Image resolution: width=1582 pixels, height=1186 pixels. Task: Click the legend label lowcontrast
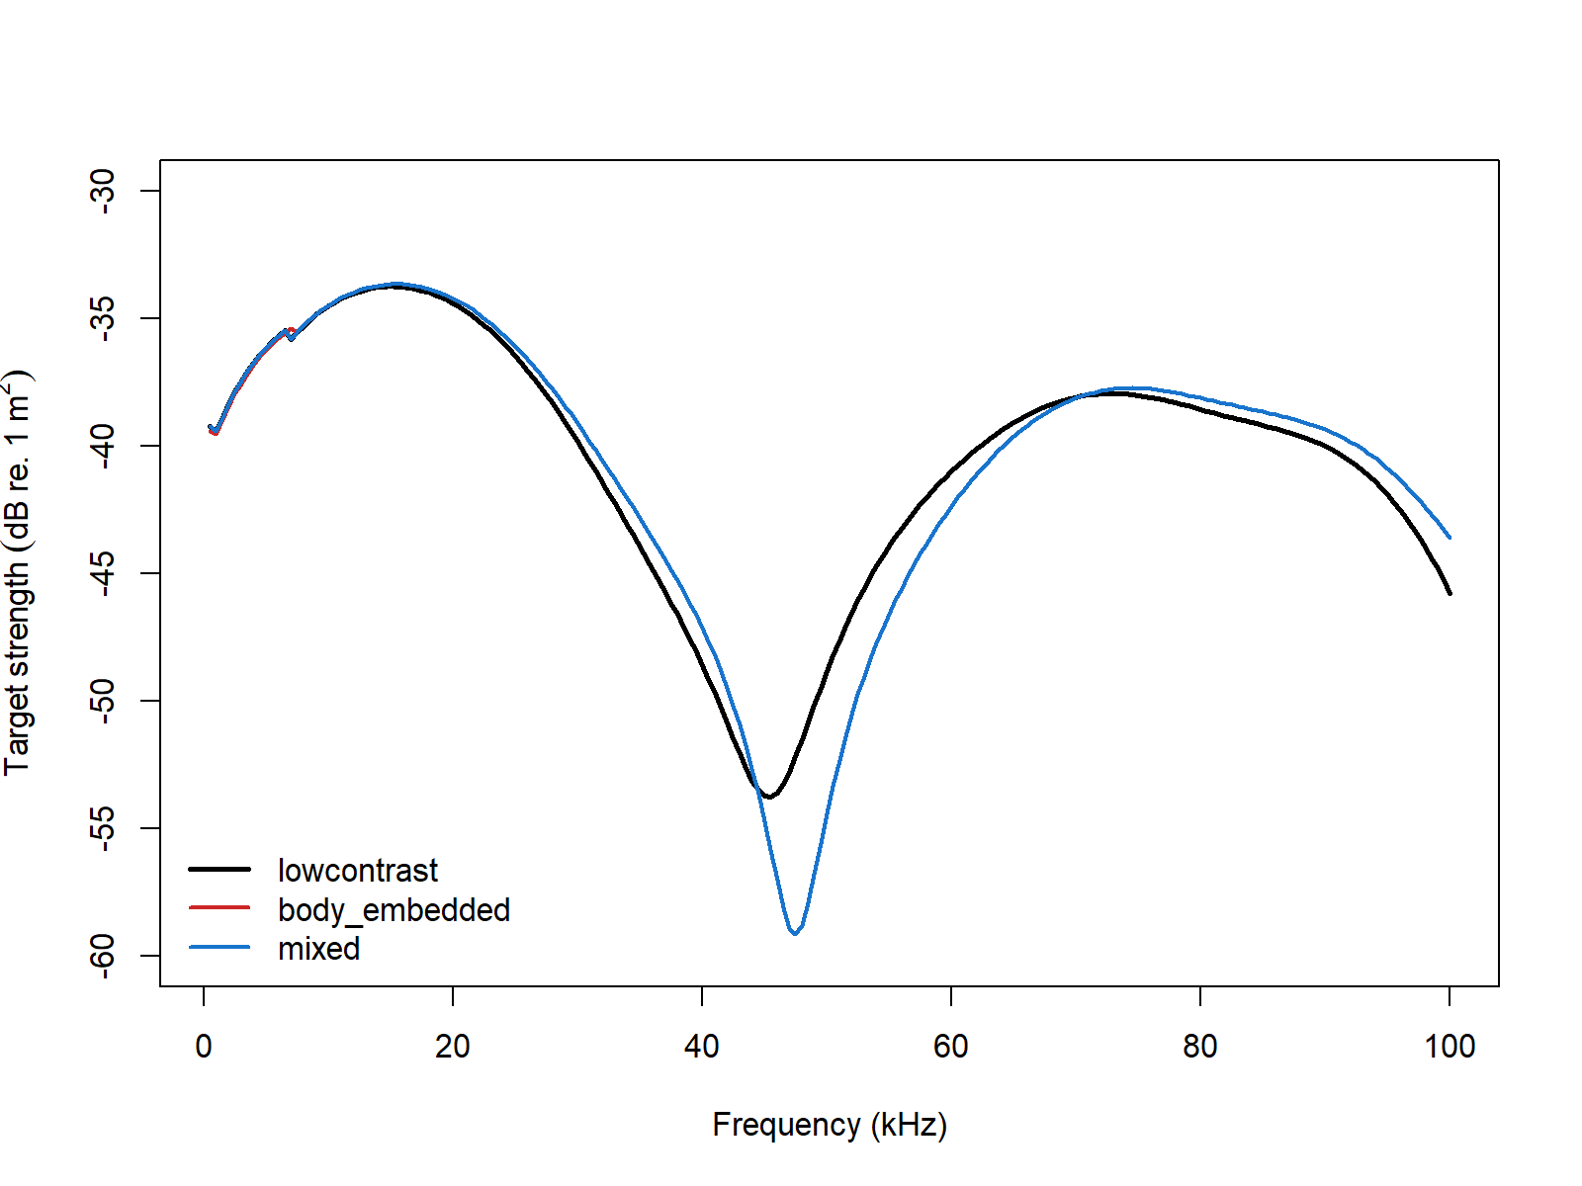[x=357, y=871]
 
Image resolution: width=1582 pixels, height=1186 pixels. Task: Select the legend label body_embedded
[x=394, y=909]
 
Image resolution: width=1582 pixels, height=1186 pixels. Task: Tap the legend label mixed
[x=318, y=949]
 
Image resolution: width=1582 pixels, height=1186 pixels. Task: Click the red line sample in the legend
[x=220, y=907]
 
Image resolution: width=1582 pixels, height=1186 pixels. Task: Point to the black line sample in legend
[x=220, y=869]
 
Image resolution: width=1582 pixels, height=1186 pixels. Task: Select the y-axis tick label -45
[x=103, y=573]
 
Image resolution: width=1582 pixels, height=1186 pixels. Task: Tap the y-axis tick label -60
[x=103, y=956]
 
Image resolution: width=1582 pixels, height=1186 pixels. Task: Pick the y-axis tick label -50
[x=103, y=701]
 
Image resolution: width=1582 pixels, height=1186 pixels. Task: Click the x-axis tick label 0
[x=204, y=1047]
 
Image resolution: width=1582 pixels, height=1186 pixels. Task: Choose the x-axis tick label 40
[x=702, y=1047]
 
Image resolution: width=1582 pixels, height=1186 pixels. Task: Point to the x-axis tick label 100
[x=1450, y=1047]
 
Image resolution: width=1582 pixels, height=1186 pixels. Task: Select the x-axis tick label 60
[x=951, y=1047]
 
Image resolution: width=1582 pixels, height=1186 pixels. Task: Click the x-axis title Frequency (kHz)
[x=830, y=1125]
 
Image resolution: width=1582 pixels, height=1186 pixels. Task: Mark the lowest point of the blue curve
[x=795, y=933]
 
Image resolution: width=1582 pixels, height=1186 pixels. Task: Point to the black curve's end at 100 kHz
[x=1450, y=593]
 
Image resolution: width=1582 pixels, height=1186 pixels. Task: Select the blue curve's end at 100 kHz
[x=1450, y=537]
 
